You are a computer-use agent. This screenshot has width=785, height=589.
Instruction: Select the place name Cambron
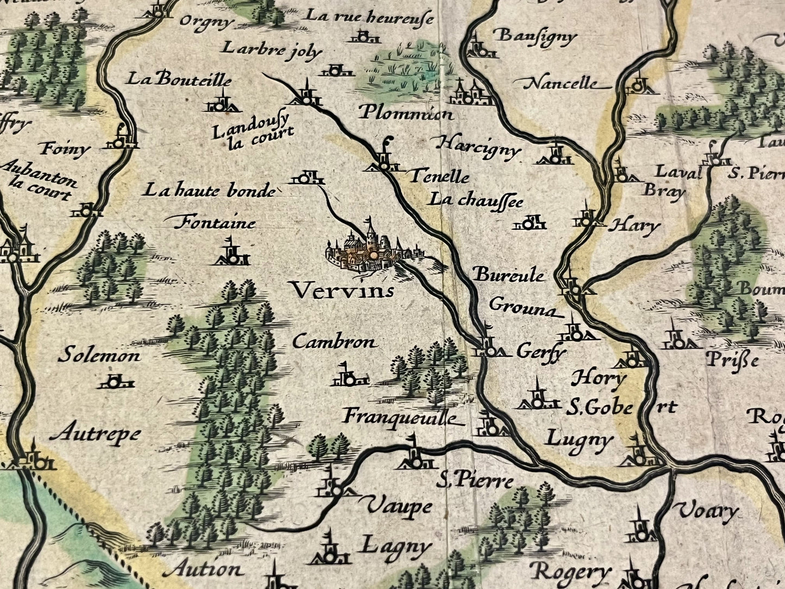coord(334,342)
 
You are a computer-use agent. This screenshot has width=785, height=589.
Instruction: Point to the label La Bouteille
coord(179,80)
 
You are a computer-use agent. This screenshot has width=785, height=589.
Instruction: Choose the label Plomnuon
coord(406,114)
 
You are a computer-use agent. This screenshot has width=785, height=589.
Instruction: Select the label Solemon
coord(99,356)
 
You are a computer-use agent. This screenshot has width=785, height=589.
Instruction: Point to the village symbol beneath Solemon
coord(115,381)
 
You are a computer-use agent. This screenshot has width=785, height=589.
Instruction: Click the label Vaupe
coord(398,506)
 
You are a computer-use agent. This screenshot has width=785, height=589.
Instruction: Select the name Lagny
coord(397,545)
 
